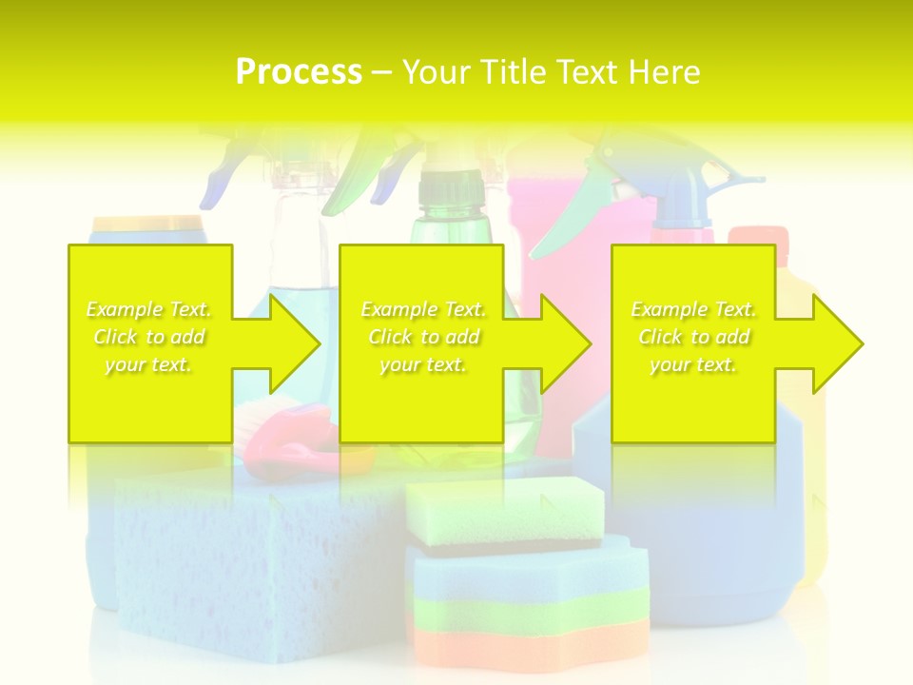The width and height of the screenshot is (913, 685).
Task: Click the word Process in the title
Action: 299,71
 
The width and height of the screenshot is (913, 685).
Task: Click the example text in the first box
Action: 149,337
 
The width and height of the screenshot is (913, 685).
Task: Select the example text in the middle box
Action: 423,337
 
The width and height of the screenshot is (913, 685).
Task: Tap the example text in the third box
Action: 693,337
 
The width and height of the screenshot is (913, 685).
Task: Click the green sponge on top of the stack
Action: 504,514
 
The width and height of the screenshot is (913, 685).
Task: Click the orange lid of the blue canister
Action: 147,224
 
